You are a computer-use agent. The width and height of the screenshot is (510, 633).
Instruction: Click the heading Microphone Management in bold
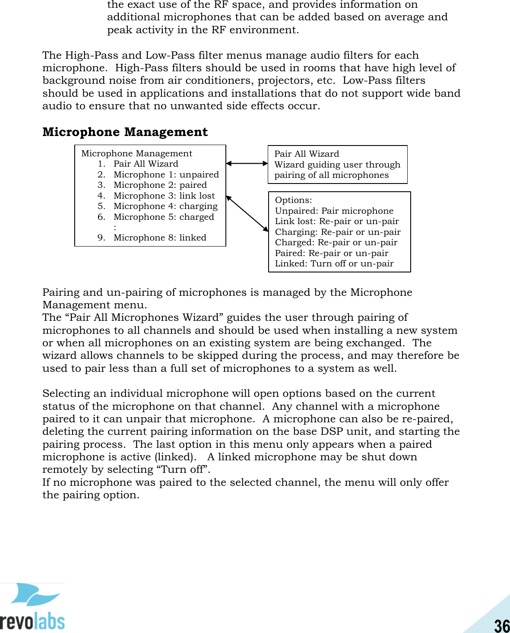125,132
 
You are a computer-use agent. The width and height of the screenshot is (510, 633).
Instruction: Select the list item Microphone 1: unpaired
166,174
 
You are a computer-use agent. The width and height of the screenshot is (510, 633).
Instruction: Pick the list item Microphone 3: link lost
164,196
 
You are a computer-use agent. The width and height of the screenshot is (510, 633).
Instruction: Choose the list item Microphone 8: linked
160,237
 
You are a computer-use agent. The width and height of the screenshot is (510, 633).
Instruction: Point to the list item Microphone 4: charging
165,206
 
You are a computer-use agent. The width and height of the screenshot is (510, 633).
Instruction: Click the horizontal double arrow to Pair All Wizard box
247,163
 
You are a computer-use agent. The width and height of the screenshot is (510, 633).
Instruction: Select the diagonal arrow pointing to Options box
247,213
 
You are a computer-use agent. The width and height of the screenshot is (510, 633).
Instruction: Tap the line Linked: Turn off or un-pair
334,263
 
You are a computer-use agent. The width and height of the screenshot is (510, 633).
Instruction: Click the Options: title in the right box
294,200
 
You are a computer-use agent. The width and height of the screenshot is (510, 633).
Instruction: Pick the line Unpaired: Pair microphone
334,211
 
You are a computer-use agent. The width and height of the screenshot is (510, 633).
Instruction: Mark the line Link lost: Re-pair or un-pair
337,221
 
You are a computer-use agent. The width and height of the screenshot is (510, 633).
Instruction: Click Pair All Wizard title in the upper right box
307,154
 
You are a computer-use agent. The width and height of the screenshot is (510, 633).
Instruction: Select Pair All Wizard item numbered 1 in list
146,164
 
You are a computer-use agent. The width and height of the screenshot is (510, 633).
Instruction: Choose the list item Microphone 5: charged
164,217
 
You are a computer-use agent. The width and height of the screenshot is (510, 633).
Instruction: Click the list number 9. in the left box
101,237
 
